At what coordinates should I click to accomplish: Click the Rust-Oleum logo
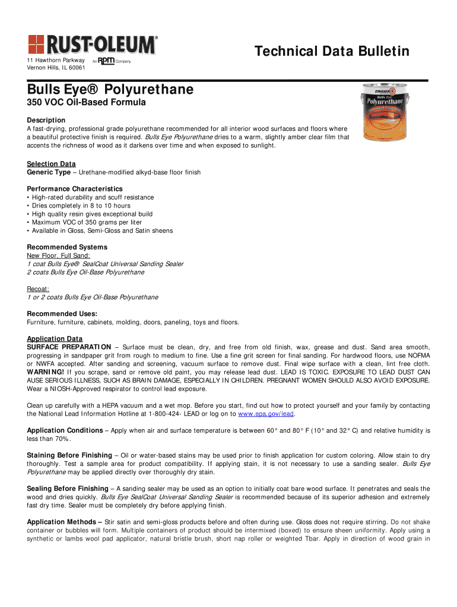click(93, 44)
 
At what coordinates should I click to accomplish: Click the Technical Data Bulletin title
click(332, 52)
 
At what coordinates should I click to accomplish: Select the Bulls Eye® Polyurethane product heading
click(110, 90)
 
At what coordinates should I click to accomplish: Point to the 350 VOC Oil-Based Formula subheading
click(86, 104)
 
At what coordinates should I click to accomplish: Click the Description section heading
click(46, 120)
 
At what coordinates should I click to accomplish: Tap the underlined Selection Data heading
click(51, 164)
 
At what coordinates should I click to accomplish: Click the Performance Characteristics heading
click(75, 189)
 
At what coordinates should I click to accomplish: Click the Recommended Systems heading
click(67, 247)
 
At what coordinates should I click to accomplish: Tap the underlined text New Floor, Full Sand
click(58, 255)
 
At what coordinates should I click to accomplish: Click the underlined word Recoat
click(37, 289)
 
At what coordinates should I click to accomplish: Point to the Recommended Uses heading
click(62, 314)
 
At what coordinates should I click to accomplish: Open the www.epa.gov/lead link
click(266, 414)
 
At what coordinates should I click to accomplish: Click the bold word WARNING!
click(46, 372)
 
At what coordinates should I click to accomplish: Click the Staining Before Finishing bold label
click(69, 455)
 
